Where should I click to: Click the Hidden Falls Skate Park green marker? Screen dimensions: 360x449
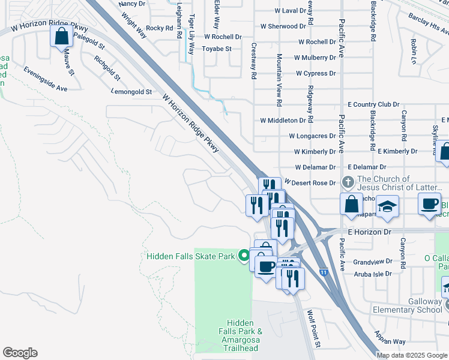click(244, 256)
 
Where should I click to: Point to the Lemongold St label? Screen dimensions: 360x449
click(132, 92)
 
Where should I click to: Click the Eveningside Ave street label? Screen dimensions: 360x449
click(46, 80)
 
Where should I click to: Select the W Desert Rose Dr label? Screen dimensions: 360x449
click(310, 182)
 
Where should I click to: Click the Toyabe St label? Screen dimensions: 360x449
click(217, 49)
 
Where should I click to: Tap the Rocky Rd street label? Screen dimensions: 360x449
click(159, 28)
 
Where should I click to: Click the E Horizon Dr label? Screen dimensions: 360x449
click(369, 231)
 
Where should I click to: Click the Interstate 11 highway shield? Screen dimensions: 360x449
click(324, 272)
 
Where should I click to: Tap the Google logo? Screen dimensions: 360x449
click(20, 353)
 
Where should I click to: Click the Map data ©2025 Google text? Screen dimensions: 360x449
click(412, 355)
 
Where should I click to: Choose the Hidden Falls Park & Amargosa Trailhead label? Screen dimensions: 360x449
click(240, 335)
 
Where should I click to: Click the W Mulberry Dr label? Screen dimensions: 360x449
click(315, 58)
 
